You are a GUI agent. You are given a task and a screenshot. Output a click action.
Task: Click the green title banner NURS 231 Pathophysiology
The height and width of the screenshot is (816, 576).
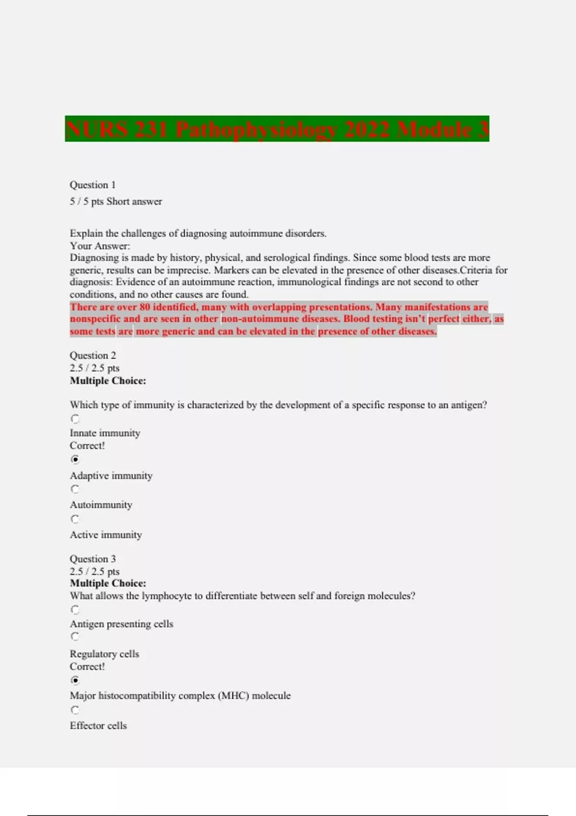pyautogui.click(x=277, y=129)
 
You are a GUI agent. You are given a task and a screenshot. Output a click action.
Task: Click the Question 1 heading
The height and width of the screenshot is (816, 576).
pyautogui.click(x=93, y=185)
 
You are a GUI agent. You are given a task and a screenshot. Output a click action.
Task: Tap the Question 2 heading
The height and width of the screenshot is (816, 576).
pyautogui.click(x=93, y=355)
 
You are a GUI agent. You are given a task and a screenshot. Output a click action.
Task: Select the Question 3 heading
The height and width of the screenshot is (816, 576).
pyautogui.click(x=93, y=559)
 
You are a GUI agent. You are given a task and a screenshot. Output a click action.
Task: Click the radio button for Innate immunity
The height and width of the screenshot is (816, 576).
pyautogui.click(x=75, y=419)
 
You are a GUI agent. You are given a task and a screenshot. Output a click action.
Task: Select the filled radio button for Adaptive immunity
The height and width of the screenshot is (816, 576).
pyautogui.click(x=75, y=459)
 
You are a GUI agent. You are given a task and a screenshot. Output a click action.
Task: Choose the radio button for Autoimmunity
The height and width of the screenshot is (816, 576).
pyautogui.click(x=75, y=489)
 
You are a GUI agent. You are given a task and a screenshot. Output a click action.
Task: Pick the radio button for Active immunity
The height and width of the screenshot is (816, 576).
pyautogui.click(x=75, y=519)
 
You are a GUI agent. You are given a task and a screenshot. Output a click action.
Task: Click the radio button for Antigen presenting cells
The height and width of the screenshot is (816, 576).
pyautogui.click(x=75, y=610)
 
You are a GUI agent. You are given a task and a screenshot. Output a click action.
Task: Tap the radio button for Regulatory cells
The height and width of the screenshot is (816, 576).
pyautogui.click(x=75, y=636)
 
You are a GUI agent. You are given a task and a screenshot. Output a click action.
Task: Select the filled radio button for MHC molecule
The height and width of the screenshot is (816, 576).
pyautogui.click(x=75, y=680)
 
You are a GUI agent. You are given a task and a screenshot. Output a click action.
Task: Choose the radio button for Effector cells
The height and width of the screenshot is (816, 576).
pyautogui.click(x=75, y=710)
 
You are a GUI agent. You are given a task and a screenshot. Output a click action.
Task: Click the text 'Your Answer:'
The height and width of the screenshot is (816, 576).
pyautogui.click(x=100, y=246)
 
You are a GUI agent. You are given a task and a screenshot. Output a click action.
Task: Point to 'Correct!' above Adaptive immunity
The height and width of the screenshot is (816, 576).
pyautogui.click(x=87, y=445)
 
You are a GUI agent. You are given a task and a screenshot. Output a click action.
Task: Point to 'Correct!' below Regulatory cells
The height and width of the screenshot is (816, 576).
pyautogui.click(x=87, y=666)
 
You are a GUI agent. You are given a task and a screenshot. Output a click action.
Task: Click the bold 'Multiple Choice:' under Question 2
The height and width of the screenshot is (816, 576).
pyautogui.click(x=108, y=381)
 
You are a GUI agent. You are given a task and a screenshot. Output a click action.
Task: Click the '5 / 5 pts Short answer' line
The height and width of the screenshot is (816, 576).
pyautogui.click(x=116, y=202)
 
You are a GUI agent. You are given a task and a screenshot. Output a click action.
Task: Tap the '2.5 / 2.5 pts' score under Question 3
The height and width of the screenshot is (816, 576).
pyautogui.click(x=95, y=571)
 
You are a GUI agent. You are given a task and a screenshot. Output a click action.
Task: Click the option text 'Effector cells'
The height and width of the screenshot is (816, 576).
pyautogui.click(x=98, y=725)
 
